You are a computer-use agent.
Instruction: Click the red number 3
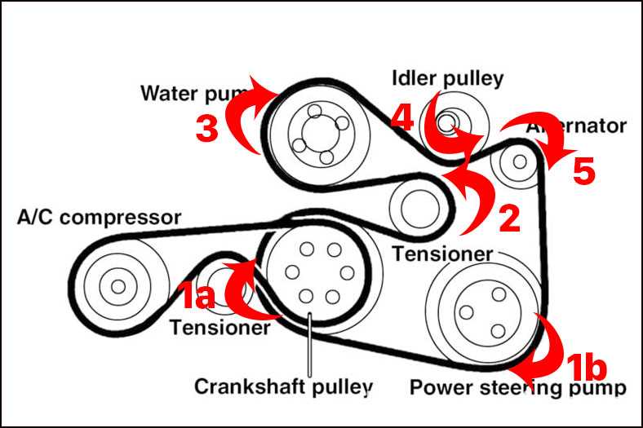coord(207,128)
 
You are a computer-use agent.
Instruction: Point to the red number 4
coord(401,118)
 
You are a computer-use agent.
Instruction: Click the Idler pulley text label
coord(448,78)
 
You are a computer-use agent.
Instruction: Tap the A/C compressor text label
coord(99,218)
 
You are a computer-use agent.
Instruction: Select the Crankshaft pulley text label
coord(284,385)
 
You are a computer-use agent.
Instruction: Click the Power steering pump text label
coord(517,386)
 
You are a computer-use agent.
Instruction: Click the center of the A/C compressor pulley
coord(118,286)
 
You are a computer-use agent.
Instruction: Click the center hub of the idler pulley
coord(445,123)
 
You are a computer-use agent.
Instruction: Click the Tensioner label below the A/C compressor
coord(220,328)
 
